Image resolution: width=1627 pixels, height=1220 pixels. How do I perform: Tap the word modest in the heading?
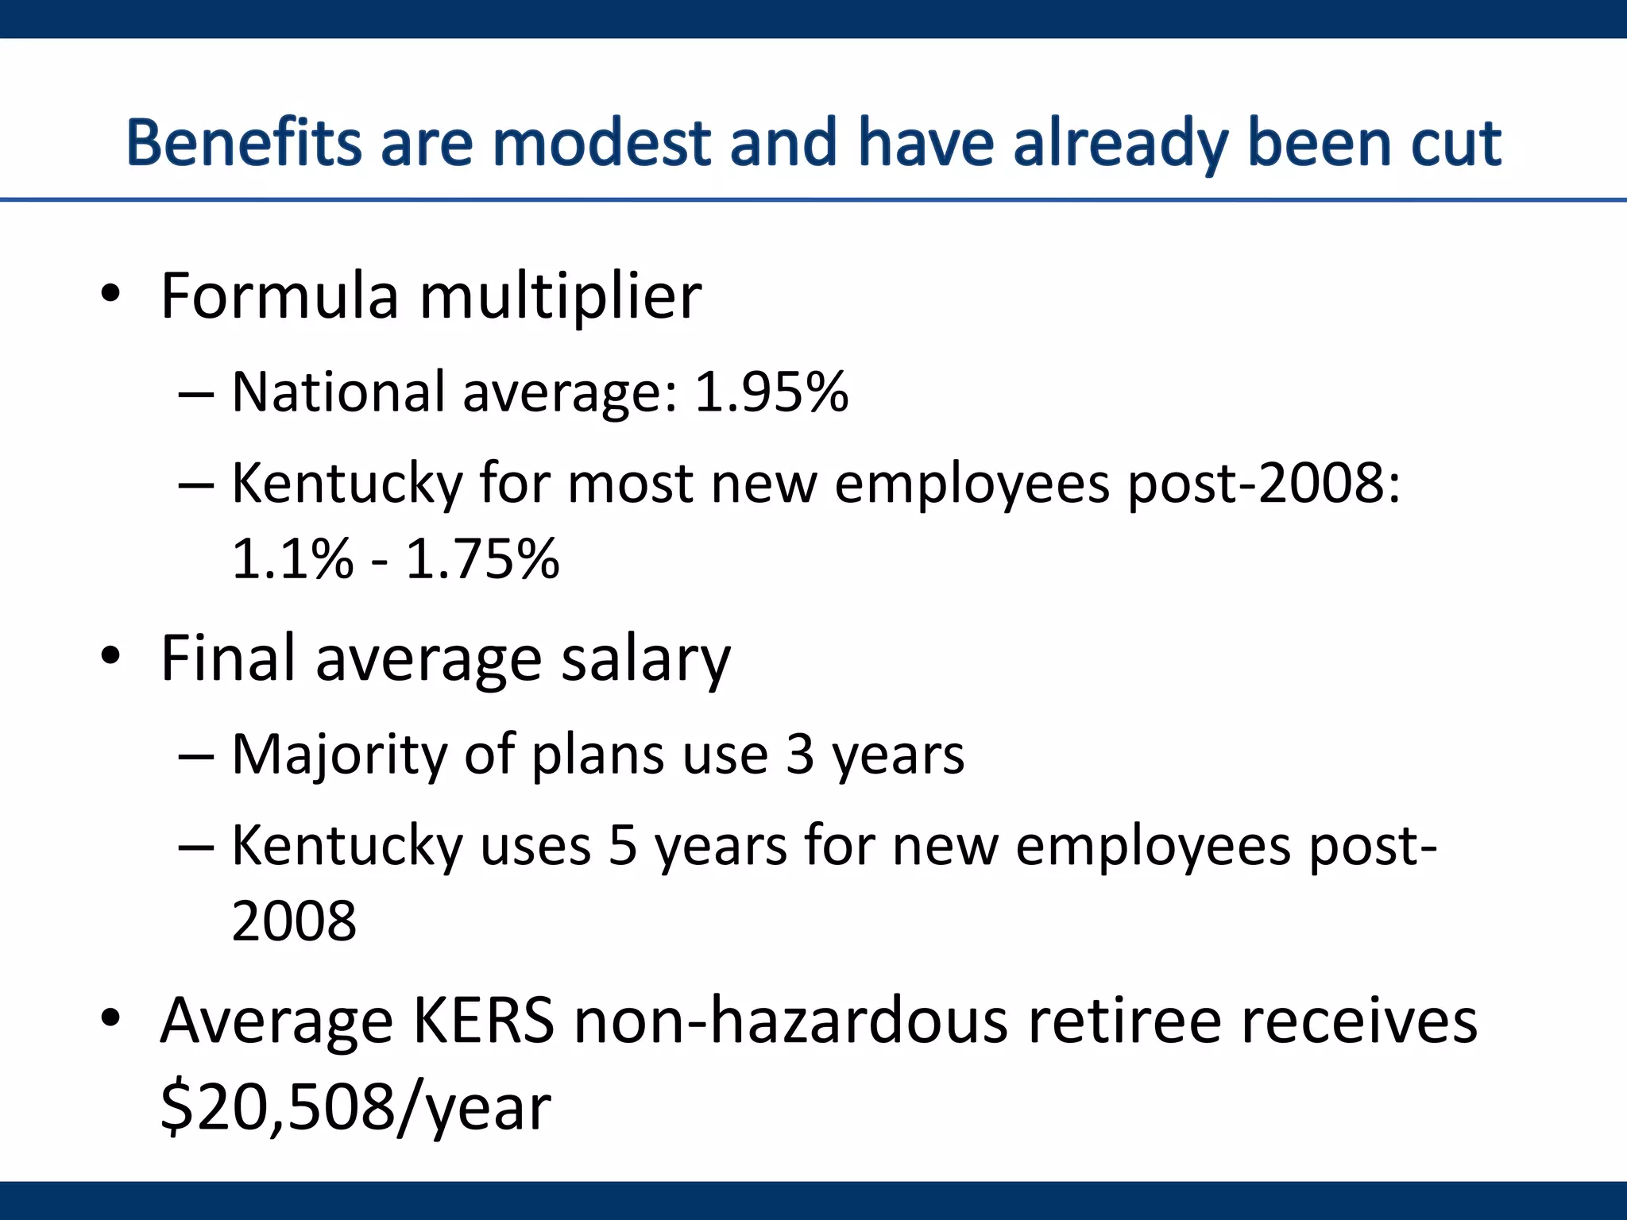(x=601, y=143)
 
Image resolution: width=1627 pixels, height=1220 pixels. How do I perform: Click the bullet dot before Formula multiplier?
(x=110, y=295)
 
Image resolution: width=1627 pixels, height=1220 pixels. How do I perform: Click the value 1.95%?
(x=771, y=392)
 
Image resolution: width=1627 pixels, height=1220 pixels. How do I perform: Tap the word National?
(x=338, y=392)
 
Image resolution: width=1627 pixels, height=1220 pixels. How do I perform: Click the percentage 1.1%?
(x=292, y=558)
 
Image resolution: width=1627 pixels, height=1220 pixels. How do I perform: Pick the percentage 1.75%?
(x=482, y=558)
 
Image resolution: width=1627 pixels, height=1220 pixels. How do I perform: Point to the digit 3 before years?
(x=800, y=755)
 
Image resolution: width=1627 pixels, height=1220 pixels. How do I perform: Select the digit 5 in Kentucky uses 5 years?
(x=623, y=845)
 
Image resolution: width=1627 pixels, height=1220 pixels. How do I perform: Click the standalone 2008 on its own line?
(x=294, y=921)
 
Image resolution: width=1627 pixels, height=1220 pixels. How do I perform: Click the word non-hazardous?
(x=790, y=1021)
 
